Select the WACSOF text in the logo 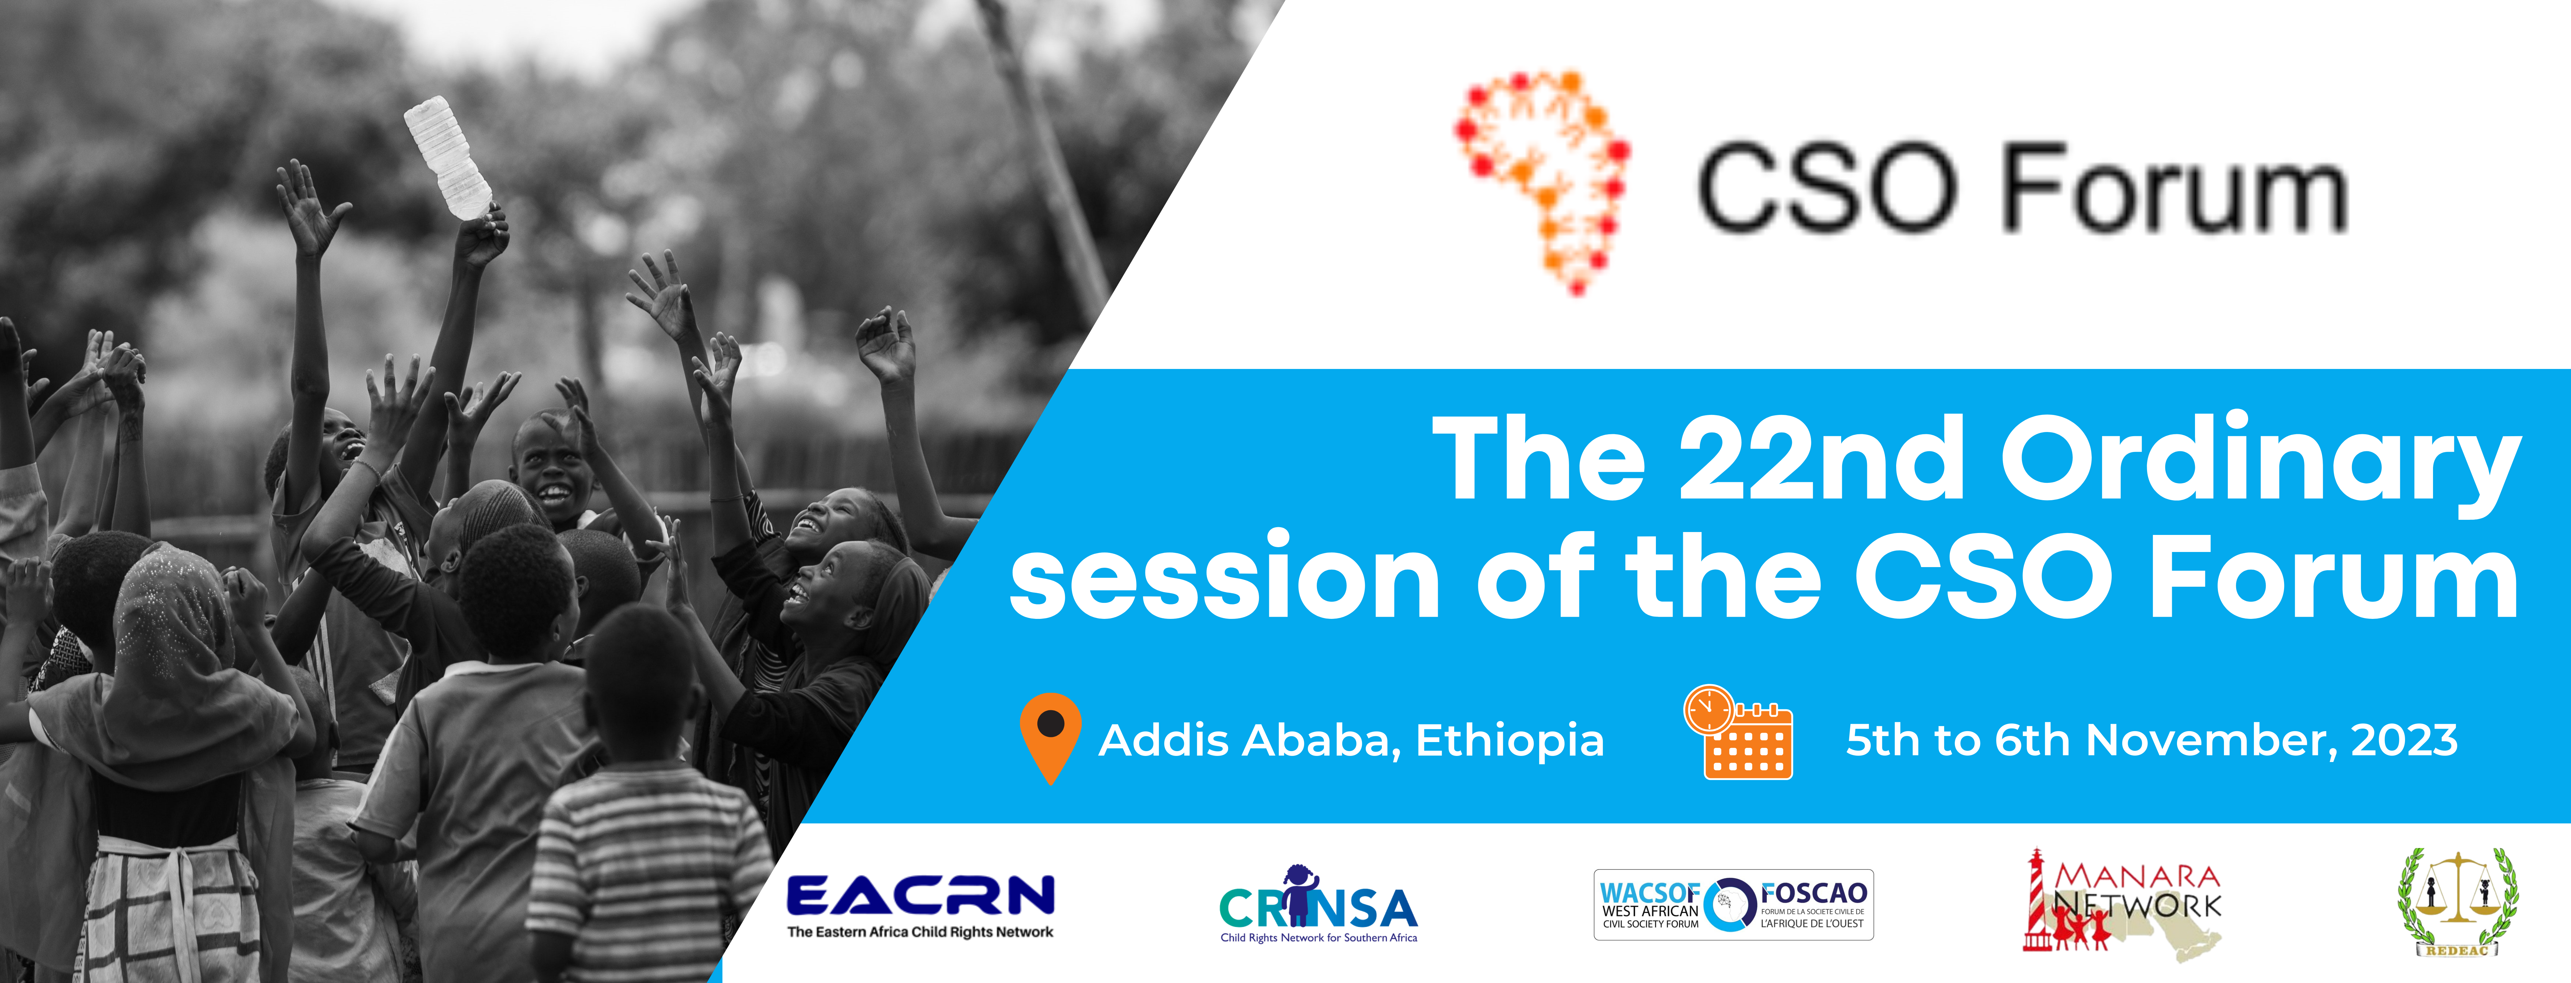point(1649,892)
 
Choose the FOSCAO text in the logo point(1813,892)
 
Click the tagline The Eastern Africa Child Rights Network point(920,932)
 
